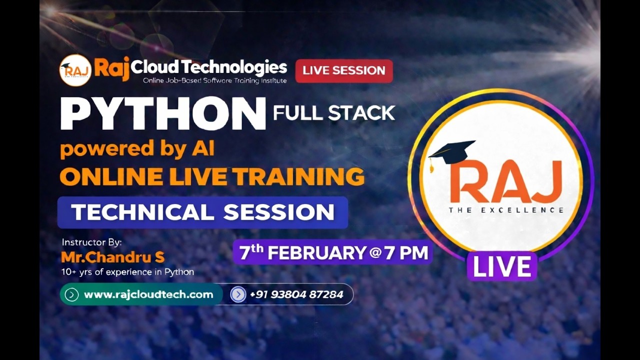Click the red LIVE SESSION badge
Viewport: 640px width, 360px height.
tap(344, 71)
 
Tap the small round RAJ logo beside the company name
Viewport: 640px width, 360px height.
tap(75, 70)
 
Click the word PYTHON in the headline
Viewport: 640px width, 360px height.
tap(162, 114)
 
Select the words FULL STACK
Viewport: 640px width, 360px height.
tap(334, 113)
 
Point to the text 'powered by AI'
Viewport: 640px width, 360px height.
tap(137, 149)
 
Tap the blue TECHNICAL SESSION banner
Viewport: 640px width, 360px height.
tap(202, 212)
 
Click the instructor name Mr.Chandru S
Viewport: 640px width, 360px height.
tap(112, 257)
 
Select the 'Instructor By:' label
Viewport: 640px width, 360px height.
tap(91, 242)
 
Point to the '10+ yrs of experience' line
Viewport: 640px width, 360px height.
tap(127, 272)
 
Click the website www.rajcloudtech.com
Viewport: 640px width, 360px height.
tap(148, 294)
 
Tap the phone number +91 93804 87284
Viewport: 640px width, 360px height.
tap(296, 294)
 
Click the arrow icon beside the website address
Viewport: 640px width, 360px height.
tap(71, 294)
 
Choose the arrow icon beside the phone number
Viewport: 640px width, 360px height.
tap(238, 294)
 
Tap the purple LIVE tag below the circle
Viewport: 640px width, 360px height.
tap(502, 266)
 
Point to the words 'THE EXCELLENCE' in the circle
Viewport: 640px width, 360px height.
tap(506, 210)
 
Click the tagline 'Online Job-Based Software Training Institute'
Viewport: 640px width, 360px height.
tap(215, 80)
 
